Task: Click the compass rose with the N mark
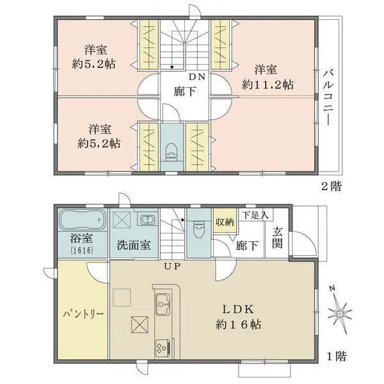pos(339,312)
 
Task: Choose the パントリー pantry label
pos(83,315)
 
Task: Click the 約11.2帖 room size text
pos(268,84)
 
